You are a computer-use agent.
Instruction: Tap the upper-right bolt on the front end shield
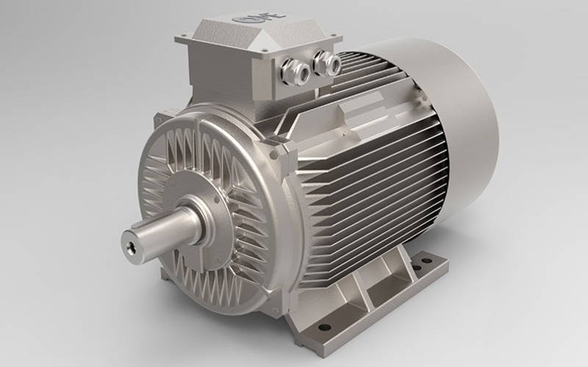273,155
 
